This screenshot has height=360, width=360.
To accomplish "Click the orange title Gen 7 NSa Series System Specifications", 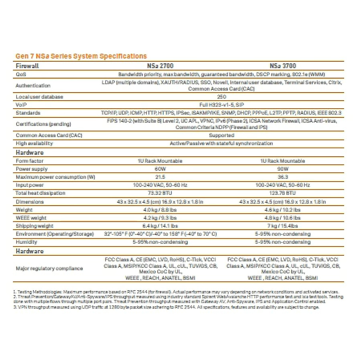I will pos(81,56).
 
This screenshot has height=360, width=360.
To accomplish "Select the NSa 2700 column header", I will pos(160,66).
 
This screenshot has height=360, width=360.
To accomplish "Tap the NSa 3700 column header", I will pos(283,66).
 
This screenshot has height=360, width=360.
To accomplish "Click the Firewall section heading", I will pos(27,66).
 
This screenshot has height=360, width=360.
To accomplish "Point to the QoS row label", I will pos(21,74).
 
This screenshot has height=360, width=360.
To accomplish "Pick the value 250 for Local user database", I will pos(221,97).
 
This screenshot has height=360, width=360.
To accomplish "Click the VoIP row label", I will pos(21,105).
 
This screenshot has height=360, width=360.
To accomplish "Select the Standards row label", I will pos(28,113).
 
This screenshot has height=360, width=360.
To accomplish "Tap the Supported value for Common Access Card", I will pos(221,135).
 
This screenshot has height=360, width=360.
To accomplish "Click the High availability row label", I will pos(34,143).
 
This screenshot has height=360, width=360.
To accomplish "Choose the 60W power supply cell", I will pos(160,169).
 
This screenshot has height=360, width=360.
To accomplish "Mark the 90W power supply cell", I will pos(283,169).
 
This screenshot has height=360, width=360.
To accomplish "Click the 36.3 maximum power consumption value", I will pos(283,177).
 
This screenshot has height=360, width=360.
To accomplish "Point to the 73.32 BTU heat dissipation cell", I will pos(160,193).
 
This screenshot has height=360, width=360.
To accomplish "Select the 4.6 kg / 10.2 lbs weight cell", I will pos(283,210).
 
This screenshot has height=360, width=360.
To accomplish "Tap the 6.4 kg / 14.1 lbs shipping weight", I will pos(160,226).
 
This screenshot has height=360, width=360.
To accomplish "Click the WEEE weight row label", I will pos(31,218).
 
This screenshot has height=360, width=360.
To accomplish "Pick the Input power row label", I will pos(30,185).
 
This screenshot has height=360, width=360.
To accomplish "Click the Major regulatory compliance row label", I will pos(49,268).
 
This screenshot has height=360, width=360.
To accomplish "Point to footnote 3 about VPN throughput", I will pos(166,307).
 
